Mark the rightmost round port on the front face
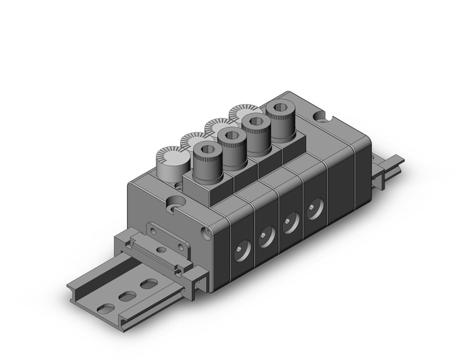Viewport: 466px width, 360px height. coord(316,208)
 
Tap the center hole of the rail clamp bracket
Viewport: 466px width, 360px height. coord(162,250)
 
